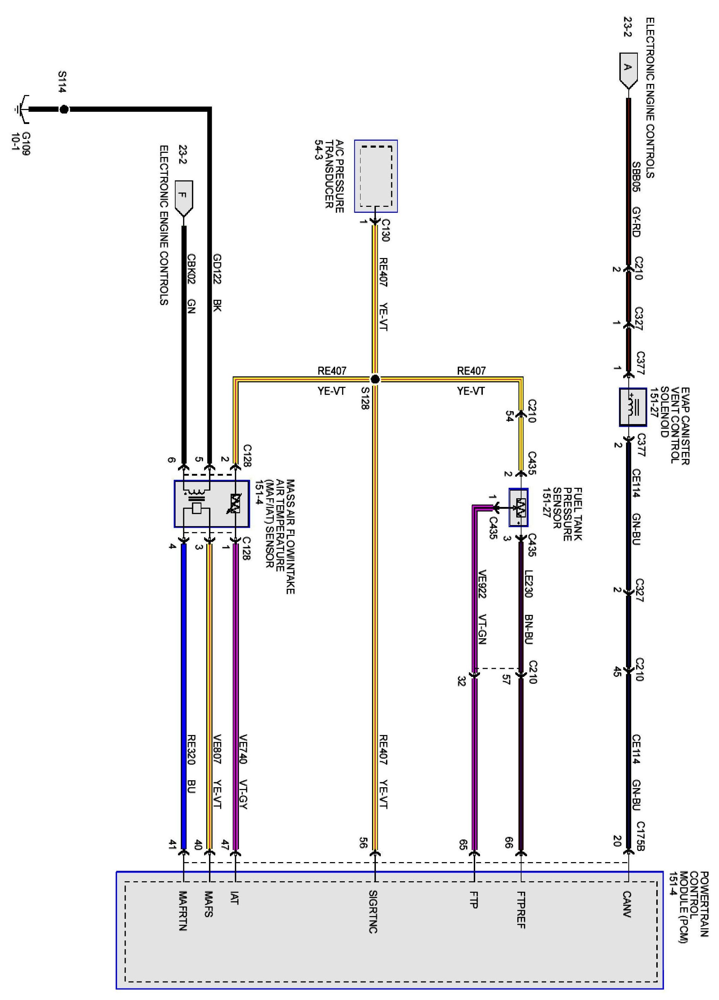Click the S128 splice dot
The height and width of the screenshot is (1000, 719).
[374, 379]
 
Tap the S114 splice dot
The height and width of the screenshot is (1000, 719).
[64, 109]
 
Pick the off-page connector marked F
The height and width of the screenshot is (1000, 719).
[184, 197]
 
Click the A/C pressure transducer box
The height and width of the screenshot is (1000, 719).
[376, 177]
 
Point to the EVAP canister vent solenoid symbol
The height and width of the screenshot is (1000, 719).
[633, 407]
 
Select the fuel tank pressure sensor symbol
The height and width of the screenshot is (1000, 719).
[519, 507]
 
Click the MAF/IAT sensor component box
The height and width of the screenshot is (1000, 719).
[212, 503]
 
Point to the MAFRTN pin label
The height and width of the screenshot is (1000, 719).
[183, 911]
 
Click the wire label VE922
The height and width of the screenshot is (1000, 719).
[482, 584]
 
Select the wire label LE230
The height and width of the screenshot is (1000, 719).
[529, 583]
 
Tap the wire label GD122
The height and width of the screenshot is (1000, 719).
[217, 268]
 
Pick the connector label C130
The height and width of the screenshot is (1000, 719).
[385, 230]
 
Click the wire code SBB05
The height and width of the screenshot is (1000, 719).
[636, 177]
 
